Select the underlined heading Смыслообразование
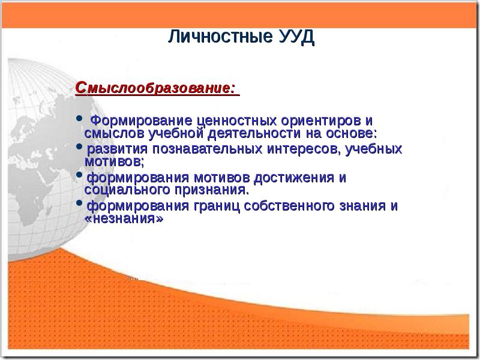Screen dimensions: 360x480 point(154,89)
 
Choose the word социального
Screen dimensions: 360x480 point(123,190)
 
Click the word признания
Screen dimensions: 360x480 point(209,190)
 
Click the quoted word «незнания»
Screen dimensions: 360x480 point(124,219)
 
